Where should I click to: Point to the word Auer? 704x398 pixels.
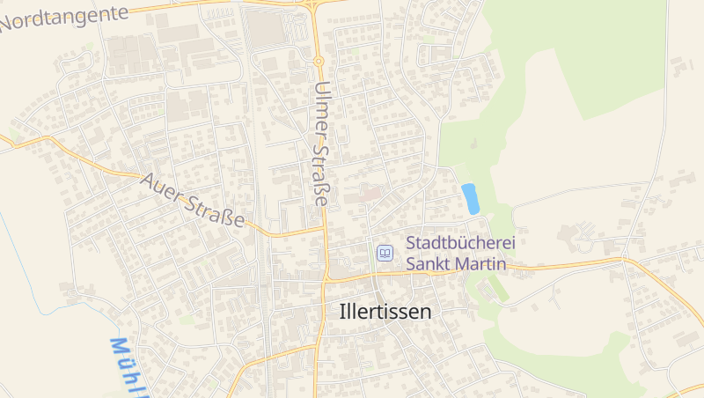pos(162,188)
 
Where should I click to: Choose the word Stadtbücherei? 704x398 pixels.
pos(459,242)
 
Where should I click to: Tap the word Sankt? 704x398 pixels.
pos(430,262)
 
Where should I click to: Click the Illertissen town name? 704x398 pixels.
pos(385,311)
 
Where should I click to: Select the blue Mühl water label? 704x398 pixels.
pos(128,365)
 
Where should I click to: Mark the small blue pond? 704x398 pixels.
pos(471,198)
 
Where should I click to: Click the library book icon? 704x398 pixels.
pos(385,253)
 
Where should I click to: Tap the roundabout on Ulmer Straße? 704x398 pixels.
pos(318,61)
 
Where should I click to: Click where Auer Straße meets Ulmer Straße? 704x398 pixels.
pos(323,229)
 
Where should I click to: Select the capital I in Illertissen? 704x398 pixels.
pos(342,311)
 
